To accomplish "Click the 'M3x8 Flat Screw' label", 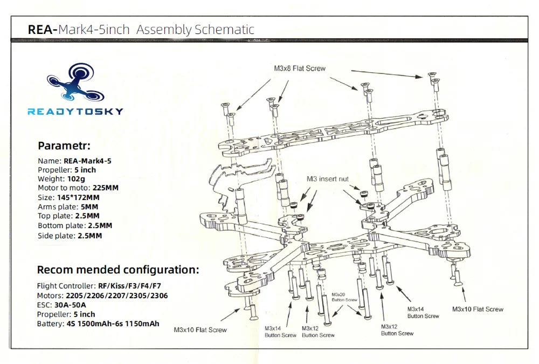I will coord(300,68).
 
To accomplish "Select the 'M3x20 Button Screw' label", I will coord(344,297).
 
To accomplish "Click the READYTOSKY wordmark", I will coord(75,112).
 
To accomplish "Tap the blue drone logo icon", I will coord(74,85).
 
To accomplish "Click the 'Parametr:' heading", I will coord(64,146).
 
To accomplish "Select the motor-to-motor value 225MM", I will coord(106,188).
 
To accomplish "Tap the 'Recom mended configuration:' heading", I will coord(118,270).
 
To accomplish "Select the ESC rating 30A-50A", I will coord(70,305).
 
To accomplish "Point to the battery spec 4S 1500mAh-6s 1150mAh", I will coord(112,324).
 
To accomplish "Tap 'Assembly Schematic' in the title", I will coord(195,29).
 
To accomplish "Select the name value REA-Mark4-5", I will coord(87,160).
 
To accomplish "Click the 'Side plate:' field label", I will coord(56,236).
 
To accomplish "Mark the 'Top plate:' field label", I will coord(55,216).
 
